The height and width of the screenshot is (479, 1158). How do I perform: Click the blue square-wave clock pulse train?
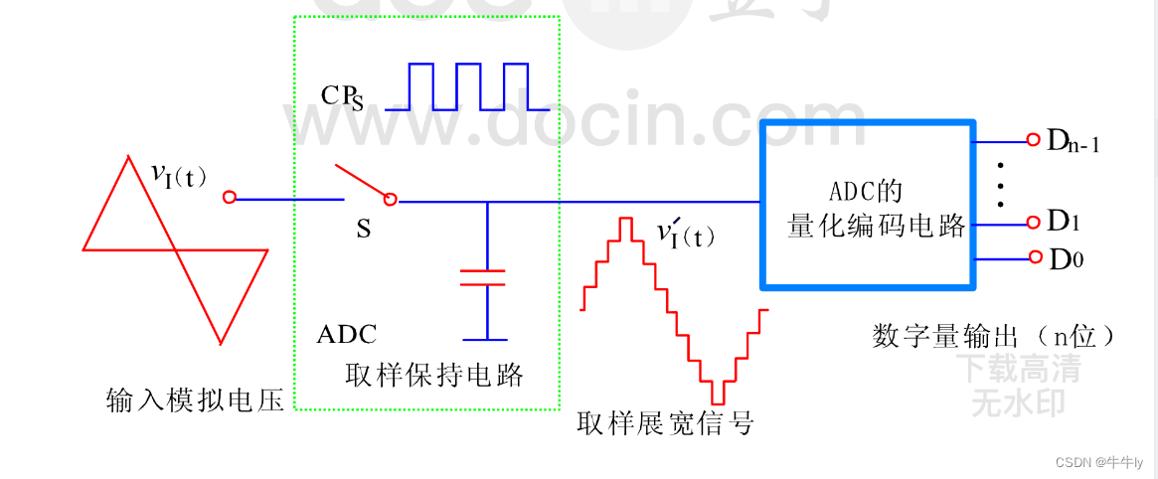pyautogui.click(x=467, y=86)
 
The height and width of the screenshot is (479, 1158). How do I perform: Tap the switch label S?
pyautogui.click(x=363, y=230)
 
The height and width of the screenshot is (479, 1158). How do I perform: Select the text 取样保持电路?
pyautogui.click(x=433, y=375)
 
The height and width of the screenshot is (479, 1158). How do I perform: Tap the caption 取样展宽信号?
pyautogui.click(x=665, y=424)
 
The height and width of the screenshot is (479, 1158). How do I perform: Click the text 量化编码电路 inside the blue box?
pyautogui.click(x=877, y=226)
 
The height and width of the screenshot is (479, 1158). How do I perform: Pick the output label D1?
pyautogui.click(x=1065, y=221)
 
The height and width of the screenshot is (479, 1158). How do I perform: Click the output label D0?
pyautogui.click(x=1065, y=260)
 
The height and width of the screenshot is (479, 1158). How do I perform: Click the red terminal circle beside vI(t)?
pyautogui.click(x=230, y=199)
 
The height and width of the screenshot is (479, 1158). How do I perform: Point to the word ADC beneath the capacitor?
pyautogui.click(x=347, y=334)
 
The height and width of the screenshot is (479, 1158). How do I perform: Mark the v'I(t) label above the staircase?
pyautogui.click(x=685, y=235)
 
